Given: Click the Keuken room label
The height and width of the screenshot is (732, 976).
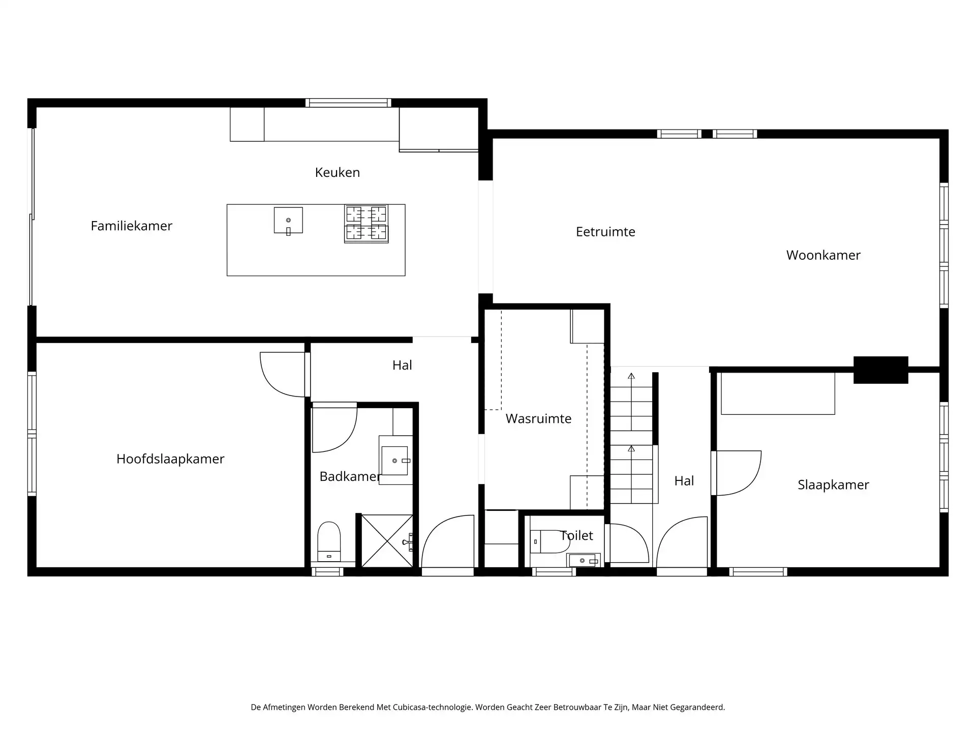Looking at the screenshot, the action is point(338,172).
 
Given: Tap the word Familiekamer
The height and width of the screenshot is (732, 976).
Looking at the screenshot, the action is point(132,226).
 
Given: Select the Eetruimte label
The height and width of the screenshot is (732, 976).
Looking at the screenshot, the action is point(605,232).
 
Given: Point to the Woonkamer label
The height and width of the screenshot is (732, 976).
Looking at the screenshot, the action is point(823,255).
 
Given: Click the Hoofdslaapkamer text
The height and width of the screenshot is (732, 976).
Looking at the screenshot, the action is point(170,459).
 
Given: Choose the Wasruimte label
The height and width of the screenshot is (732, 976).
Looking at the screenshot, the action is point(538,419).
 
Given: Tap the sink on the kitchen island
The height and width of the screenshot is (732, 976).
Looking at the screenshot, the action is point(288,221).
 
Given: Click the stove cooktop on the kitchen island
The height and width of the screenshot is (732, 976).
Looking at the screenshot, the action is point(366,223).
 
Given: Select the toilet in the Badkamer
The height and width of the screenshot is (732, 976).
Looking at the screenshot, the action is point(329,541).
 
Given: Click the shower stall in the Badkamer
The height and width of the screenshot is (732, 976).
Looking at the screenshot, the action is point(387,541).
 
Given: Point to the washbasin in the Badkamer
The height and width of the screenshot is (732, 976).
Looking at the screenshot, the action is point(395,461).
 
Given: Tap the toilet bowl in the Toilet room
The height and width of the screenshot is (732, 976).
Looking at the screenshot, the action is point(550,542).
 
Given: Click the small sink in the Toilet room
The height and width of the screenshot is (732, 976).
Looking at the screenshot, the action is point(584,560).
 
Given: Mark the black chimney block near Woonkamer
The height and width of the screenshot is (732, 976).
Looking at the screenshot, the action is point(880,370).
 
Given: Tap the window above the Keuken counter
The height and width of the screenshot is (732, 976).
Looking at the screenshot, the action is point(348,103).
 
